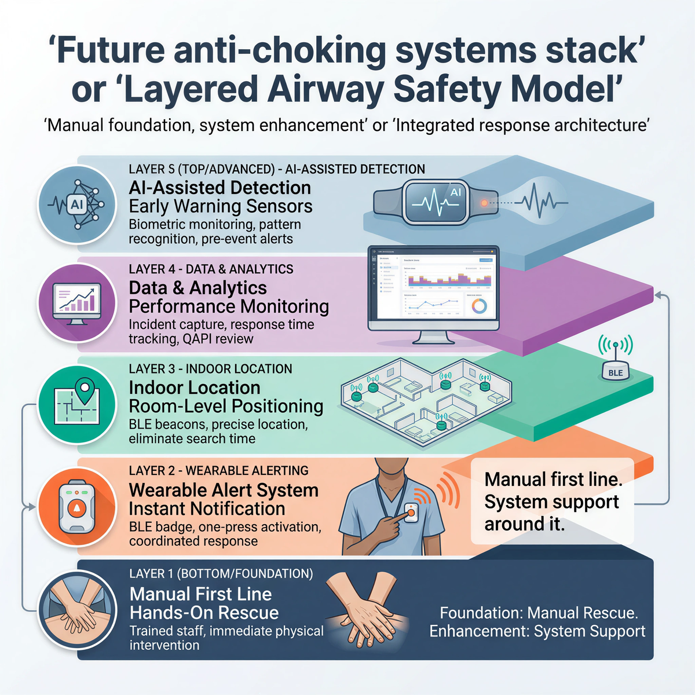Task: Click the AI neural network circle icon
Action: pos(76,204)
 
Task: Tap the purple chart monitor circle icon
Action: pos(76,303)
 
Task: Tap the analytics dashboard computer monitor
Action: pos(433,292)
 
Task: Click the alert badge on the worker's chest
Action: pos(412,512)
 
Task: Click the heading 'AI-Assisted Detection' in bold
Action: pos(220,188)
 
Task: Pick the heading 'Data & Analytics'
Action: pos(197,288)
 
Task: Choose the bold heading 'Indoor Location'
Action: pos(194,387)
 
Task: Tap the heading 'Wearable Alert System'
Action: pos(224,490)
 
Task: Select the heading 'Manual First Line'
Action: pos(200,594)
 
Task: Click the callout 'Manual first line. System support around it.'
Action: pos(553,502)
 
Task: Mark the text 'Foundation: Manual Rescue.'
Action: pos(539,613)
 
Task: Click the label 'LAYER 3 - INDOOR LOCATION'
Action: pos(210,369)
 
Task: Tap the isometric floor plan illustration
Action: pos(426,400)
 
